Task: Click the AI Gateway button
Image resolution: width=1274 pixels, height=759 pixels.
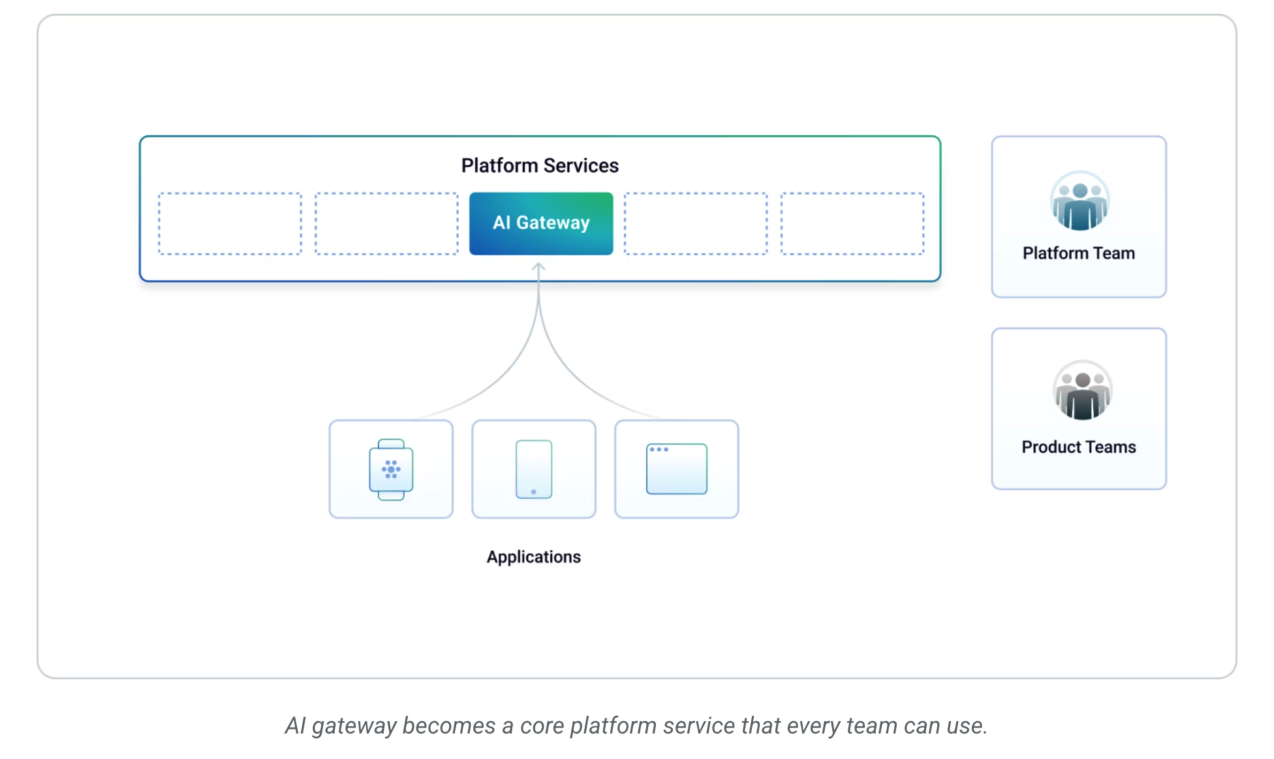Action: [x=541, y=223]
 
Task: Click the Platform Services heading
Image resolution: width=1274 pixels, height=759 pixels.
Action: [x=540, y=165]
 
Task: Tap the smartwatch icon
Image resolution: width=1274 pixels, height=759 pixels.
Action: [x=391, y=470]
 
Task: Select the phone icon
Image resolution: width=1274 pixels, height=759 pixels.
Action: [x=534, y=469]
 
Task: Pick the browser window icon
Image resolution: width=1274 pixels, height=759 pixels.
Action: [x=677, y=469]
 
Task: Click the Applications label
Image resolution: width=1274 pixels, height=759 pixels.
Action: [x=534, y=557]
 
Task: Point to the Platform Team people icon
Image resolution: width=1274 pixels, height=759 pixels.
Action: [x=1080, y=201]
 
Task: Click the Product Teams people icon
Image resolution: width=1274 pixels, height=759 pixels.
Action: [x=1082, y=391]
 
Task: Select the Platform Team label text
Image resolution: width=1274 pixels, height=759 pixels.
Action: [x=1079, y=253]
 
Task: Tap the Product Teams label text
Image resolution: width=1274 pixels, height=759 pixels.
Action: [x=1079, y=447]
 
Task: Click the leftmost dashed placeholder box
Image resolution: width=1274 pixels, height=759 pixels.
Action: [x=230, y=223]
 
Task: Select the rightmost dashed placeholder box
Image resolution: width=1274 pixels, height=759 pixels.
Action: [x=852, y=223]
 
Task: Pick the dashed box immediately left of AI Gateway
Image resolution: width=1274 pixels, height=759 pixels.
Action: [x=386, y=223]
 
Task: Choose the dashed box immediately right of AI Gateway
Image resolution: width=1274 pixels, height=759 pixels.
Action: [x=696, y=223]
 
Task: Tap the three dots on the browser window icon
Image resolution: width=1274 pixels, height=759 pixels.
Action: [x=659, y=449]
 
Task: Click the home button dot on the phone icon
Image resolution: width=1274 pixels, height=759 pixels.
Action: [x=534, y=492]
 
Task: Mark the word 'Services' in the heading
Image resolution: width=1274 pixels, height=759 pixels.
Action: [x=581, y=165]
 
